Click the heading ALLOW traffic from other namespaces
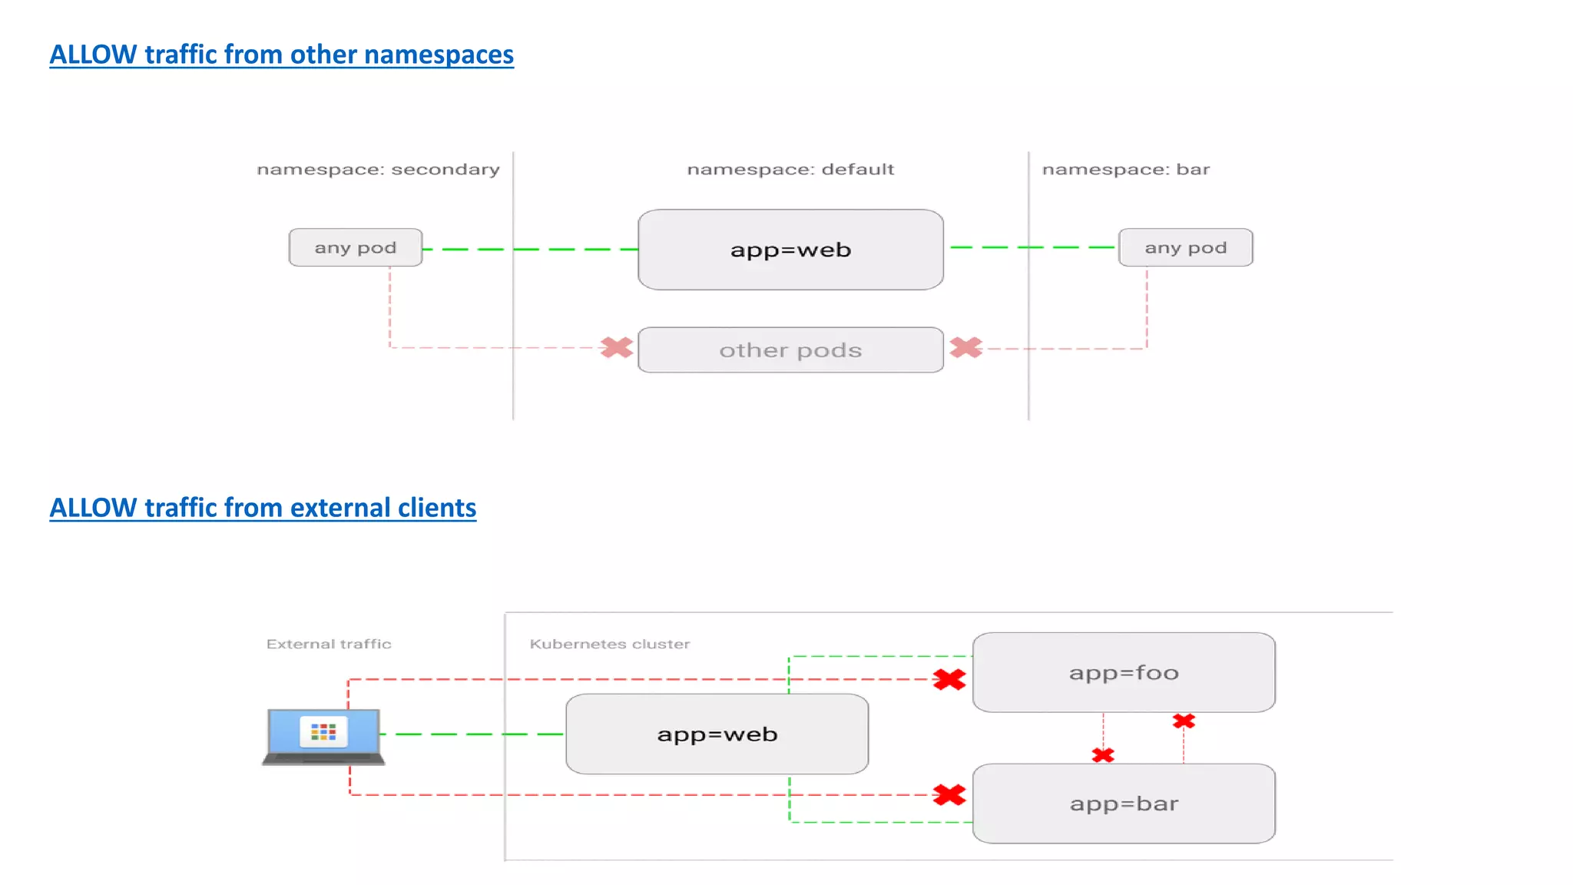click(281, 55)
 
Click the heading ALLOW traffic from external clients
click(263, 508)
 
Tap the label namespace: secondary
click(378, 169)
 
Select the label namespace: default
click(790, 169)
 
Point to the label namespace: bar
click(1125, 169)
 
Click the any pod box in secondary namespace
click(356, 247)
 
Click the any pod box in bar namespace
click(1185, 247)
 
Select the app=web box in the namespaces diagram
click(790, 250)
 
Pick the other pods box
click(790, 350)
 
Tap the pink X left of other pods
click(617, 348)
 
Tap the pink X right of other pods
click(965, 348)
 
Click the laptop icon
click(323, 736)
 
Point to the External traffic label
click(329, 644)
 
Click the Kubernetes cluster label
click(610, 644)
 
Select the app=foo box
click(1124, 673)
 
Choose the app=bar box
click(1124, 804)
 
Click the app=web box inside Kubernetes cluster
click(717, 734)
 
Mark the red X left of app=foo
click(949, 679)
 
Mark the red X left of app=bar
click(949, 794)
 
